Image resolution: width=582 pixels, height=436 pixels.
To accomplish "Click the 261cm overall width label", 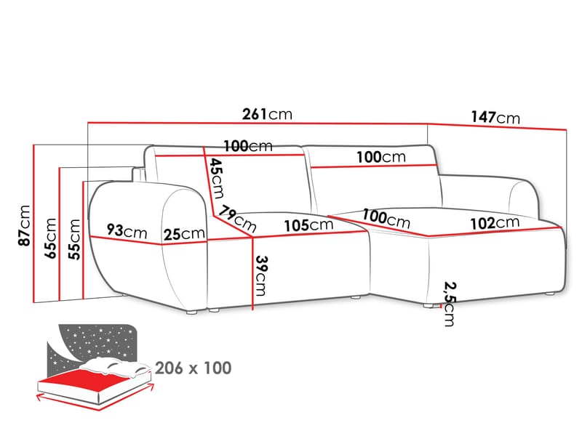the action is click(267, 114).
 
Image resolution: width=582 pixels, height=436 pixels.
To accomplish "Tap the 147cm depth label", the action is click(495, 118).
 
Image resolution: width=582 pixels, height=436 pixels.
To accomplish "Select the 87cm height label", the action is click(25, 225).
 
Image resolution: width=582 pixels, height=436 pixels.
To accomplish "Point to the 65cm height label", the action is click(50, 238).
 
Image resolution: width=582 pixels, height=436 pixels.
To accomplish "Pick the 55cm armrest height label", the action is click(74, 239).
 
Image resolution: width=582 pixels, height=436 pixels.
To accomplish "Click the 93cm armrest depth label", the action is click(127, 231).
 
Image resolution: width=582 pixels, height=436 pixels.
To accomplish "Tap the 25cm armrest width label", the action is click(184, 234).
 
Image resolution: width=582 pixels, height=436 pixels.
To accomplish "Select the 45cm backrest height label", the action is click(216, 178).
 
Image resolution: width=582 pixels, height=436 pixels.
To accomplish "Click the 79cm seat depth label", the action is click(237, 219).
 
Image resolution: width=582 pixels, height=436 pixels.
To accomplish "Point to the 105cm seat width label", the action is click(308, 225).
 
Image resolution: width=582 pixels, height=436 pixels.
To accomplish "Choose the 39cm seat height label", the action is click(261, 276).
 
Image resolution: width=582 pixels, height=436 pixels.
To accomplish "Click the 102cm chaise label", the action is click(495, 223).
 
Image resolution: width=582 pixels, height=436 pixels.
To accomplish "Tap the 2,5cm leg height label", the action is click(450, 304).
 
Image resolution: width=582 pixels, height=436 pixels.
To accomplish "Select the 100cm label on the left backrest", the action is click(248, 146).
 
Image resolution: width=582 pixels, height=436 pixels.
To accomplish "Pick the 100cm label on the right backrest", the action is click(381, 157).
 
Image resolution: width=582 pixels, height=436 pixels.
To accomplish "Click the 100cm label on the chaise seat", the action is click(386, 219).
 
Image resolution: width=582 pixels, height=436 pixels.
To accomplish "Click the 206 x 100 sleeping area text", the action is click(194, 368).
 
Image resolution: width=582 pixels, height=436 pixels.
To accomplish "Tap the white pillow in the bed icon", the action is click(116, 366).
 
